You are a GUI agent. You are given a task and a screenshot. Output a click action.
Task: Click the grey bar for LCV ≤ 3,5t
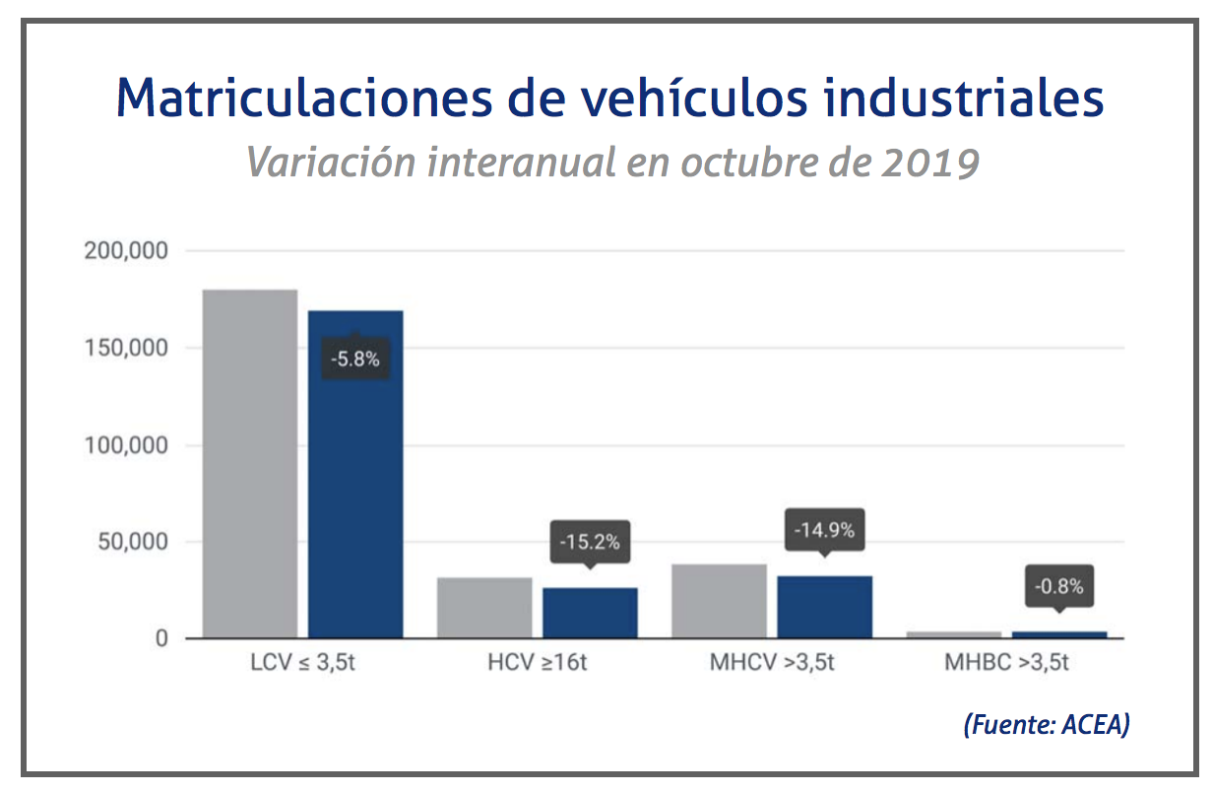click(249, 464)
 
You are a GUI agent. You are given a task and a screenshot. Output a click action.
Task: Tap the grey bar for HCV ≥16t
click(484, 608)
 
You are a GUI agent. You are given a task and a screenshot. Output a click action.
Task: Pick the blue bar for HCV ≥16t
click(590, 613)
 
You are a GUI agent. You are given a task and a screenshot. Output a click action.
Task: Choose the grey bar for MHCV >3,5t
click(719, 601)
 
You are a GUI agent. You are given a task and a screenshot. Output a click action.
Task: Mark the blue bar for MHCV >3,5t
click(824, 607)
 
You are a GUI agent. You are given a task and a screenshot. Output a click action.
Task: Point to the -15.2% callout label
click(590, 543)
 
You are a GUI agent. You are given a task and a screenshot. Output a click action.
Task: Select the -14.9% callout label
click(824, 531)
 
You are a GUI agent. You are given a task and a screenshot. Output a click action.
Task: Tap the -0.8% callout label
click(1058, 587)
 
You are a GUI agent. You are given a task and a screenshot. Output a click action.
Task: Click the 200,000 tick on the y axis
click(126, 251)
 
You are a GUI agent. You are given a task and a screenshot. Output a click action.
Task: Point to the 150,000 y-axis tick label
click(126, 349)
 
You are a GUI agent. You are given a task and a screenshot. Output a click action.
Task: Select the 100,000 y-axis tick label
click(126, 445)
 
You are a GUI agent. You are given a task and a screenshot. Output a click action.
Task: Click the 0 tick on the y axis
click(161, 639)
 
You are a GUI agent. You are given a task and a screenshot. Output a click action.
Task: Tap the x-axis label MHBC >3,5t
click(1006, 663)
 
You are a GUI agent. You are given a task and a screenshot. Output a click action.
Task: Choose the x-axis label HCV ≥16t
click(538, 663)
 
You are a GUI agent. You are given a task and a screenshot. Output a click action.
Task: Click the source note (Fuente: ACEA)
click(1046, 725)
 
